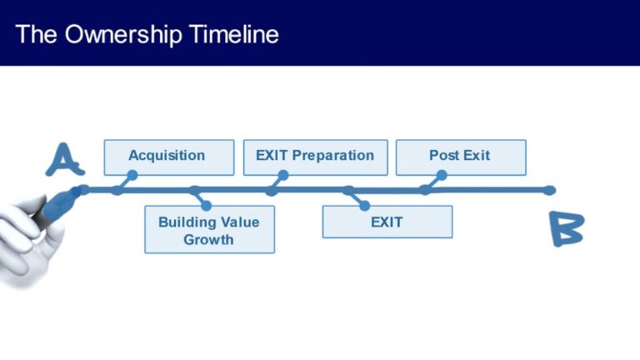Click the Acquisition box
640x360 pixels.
[168, 157]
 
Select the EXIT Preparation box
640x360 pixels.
[315, 157]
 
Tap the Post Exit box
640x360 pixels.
[460, 157]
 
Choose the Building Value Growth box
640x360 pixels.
[209, 230]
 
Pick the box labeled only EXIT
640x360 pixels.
[387, 222]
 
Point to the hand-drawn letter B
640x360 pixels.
[566, 228]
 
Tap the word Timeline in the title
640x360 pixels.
[234, 34]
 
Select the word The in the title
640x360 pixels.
[35, 34]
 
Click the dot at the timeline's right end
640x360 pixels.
[549, 190]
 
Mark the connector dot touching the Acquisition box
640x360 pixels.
[132, 176]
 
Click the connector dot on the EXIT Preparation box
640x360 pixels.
[283, 176]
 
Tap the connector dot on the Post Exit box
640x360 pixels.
[442, 176]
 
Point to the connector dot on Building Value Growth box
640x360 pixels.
[206, 206]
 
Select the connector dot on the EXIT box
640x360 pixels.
[364, 206]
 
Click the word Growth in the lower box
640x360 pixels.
[209, 239]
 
